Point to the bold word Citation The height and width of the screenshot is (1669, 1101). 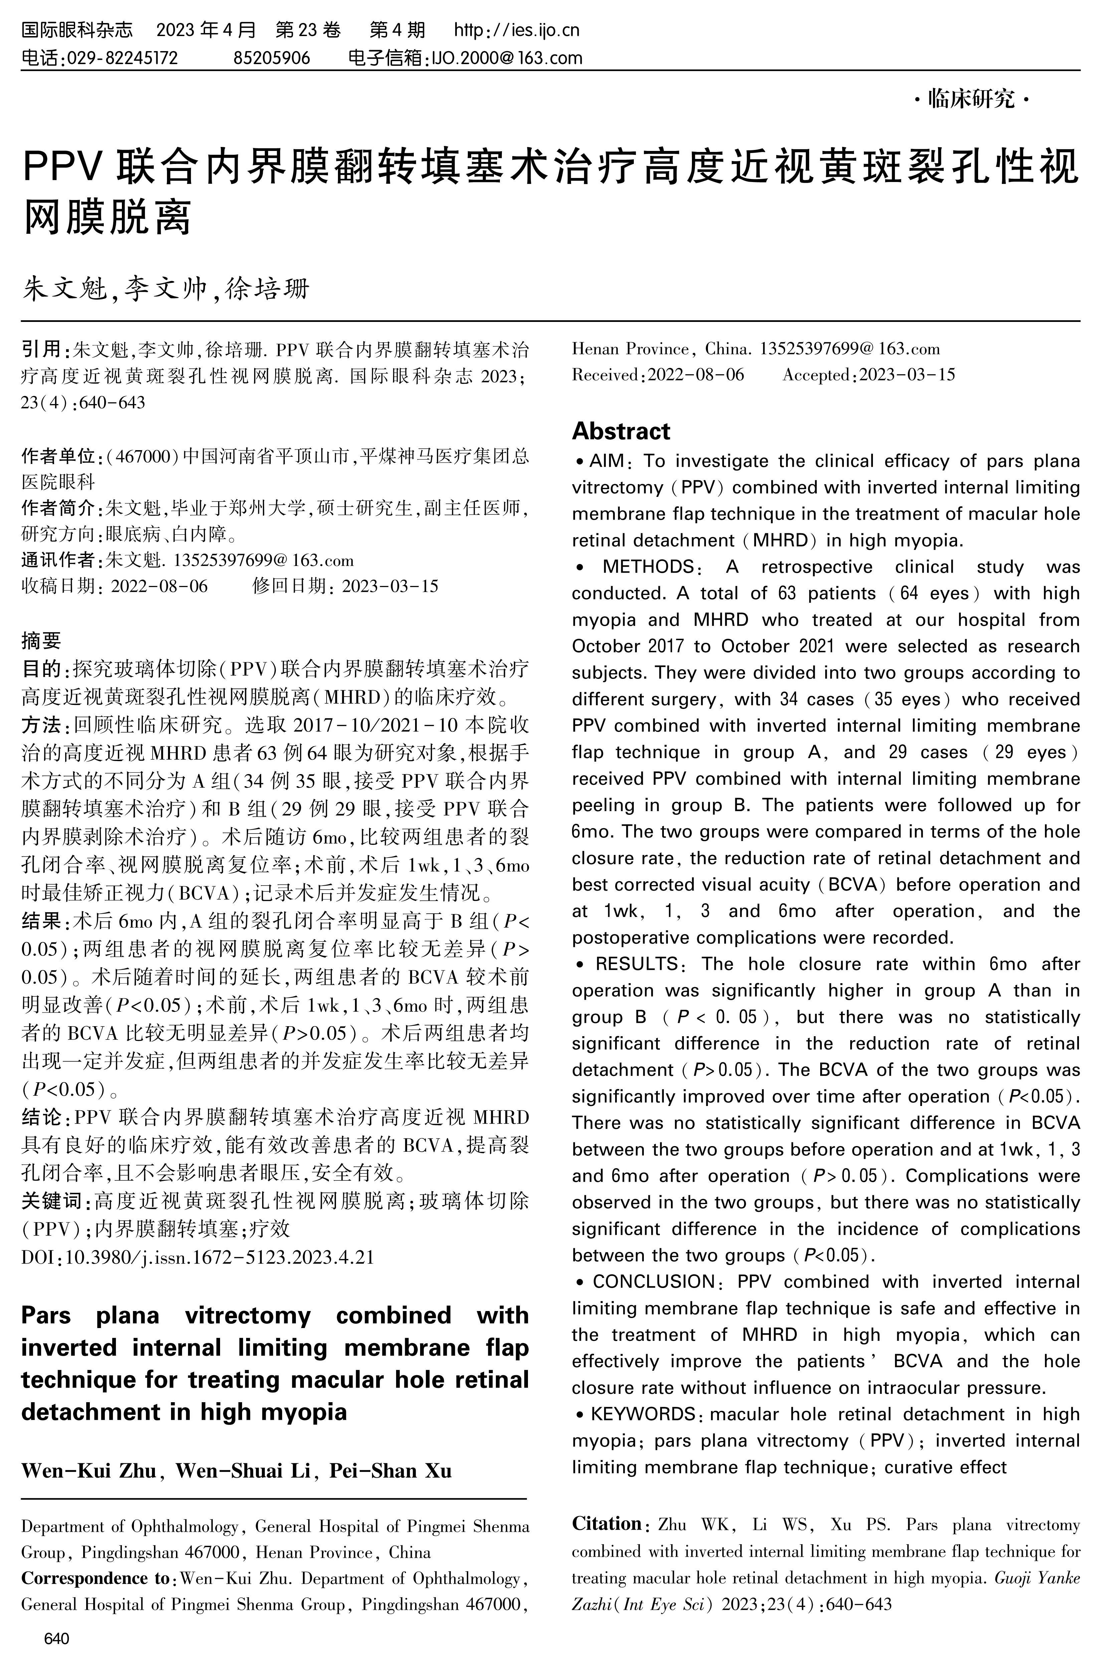[606, 1524]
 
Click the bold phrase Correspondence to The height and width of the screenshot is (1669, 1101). [95, 1579]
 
